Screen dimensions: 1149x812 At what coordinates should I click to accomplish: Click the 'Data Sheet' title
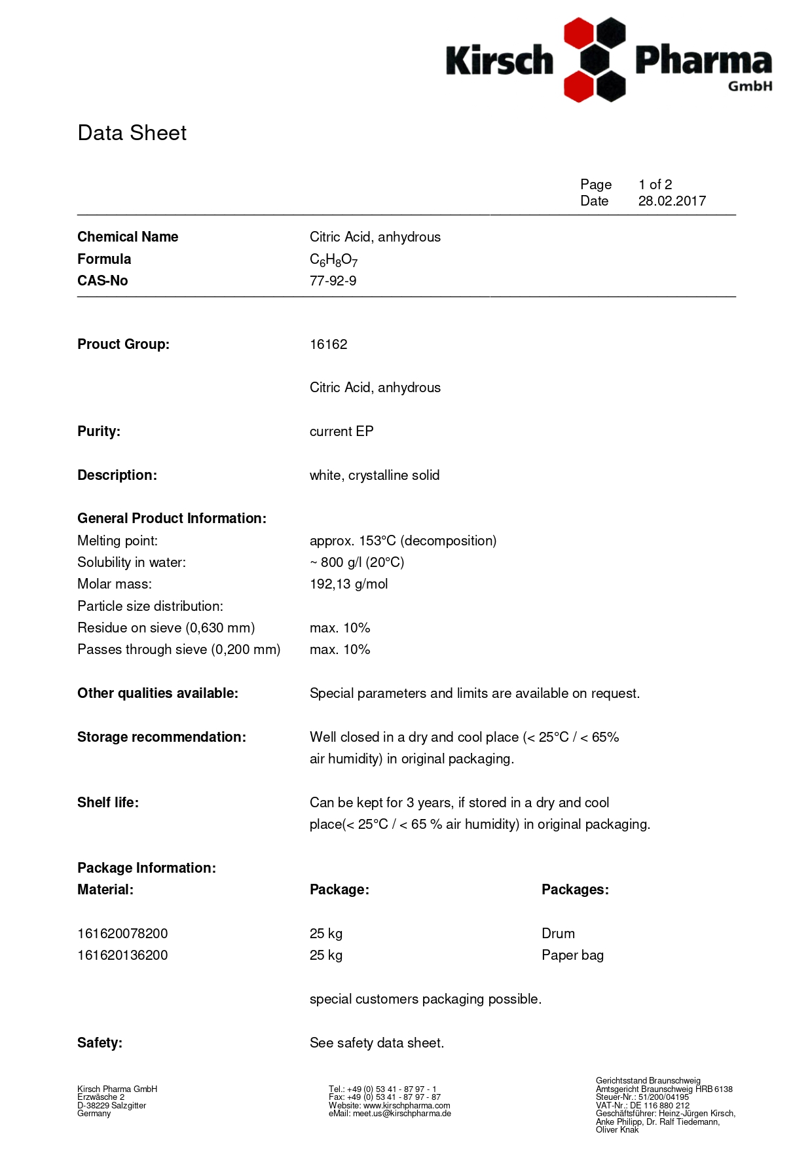(x=132, y=133)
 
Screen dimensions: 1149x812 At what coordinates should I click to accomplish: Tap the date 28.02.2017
(x=672, y=201)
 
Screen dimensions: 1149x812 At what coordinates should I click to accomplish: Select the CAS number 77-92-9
(x=333, y=281)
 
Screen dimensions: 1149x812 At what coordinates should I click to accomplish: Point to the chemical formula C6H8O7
(x=333, y=260)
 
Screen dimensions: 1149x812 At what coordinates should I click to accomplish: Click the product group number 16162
(x=328, y=344)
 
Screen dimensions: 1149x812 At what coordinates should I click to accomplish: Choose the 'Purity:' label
(x=99, y=431)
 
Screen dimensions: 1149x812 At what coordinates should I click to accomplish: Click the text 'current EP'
(x=341, y=431)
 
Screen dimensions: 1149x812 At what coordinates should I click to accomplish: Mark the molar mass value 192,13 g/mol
(x=348, y=584)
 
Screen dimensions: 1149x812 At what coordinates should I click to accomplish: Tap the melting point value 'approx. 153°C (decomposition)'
(x=403, y=541)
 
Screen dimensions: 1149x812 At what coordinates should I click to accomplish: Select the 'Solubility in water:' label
(x=132, y=562)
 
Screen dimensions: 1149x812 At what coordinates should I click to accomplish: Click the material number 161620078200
(x=122, y=934)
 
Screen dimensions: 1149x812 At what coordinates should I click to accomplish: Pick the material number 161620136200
(x=122, y=955)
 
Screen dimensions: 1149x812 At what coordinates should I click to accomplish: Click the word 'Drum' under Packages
(x=558, y=934)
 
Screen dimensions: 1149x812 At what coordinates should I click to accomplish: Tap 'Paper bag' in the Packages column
(x=572, y=955)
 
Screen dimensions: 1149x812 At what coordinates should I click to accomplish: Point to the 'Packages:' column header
(x=575, y=890)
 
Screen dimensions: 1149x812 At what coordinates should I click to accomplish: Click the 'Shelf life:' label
(x=108, y=803)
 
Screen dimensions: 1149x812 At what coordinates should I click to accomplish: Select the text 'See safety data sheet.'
(x=377, y=1043)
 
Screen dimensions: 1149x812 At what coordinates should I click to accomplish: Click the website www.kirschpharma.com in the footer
(x=407, y=1105)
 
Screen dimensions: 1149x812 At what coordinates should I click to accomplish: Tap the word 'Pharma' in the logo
(x=703, y=61)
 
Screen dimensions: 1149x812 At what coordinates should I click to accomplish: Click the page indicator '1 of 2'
(x=655, y=185)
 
